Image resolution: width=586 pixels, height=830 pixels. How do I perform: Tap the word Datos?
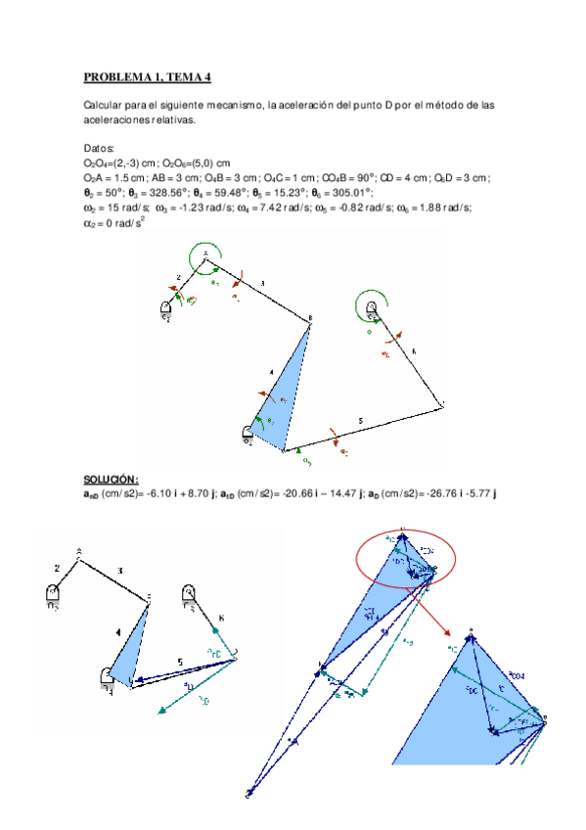coord(99,147)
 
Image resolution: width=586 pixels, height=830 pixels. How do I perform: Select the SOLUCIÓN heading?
coord(111,480)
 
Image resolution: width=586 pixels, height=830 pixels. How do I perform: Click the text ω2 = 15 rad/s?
coord(116,207)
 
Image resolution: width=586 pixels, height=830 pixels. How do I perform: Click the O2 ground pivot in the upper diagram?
coord(166,310)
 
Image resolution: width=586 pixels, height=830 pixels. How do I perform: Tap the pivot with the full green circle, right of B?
coord(372,309)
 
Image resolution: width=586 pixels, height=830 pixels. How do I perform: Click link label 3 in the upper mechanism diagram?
coord(262,283)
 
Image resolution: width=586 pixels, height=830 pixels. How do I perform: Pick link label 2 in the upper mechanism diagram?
coord(179,277)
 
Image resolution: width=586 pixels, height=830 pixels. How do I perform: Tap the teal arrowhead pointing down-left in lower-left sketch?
coord(159,710)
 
